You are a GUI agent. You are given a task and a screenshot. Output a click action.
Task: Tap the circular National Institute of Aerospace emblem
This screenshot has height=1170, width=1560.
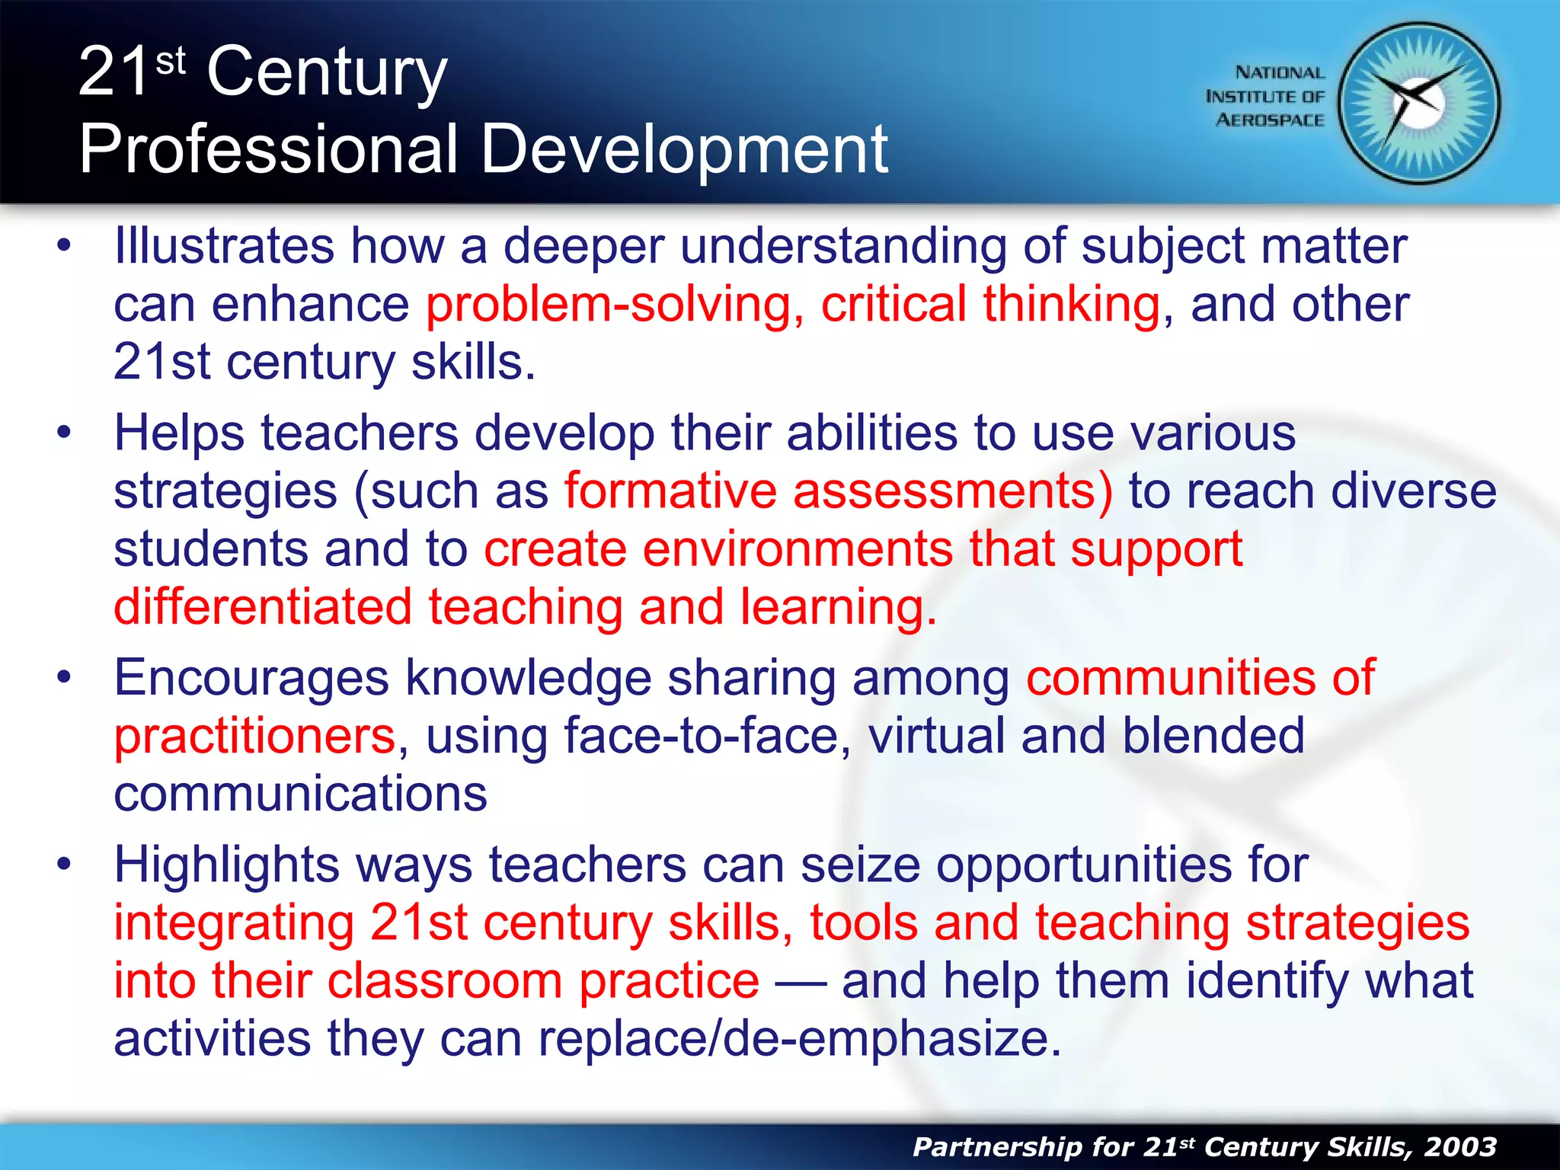point(1419,104)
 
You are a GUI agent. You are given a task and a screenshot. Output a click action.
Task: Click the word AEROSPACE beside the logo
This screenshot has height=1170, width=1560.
point(1270,120)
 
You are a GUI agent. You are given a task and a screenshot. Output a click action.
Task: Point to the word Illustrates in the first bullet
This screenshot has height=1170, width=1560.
point(224,247)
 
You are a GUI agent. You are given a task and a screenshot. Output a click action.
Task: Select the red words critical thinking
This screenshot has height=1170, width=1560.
point(990,305)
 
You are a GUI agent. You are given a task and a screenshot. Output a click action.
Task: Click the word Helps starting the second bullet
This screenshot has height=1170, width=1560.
point(180,433)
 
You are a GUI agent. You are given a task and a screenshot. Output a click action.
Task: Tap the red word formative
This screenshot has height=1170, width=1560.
point(670,491)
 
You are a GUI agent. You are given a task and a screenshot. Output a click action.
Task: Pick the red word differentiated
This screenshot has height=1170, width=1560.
point(263,607)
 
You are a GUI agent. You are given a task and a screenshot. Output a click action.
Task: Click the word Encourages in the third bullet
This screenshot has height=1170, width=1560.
point(251,678)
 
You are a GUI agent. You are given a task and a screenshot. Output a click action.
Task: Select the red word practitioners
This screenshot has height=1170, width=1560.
point(254,737)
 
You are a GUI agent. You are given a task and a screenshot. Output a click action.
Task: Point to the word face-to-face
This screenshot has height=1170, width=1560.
point(701,737)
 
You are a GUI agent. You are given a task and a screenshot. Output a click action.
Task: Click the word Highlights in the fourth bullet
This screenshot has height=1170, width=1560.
point(226,865)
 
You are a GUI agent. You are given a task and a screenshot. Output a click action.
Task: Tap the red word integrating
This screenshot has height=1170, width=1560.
point(234,923)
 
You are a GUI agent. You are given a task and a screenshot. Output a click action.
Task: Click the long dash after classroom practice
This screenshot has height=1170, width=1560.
point(801,983)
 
